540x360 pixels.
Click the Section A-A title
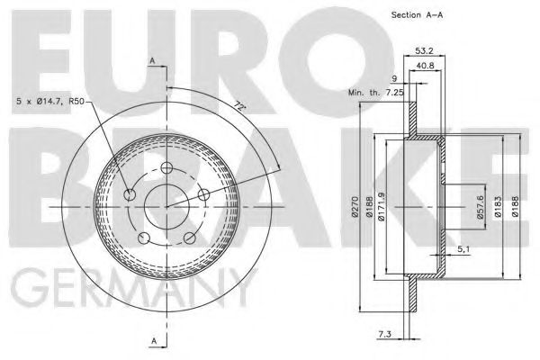pyautogui.click(x=417, y=14)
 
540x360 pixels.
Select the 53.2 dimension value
pyautogui.click(x=424, y=50)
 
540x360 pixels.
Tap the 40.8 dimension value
pyautogui.click(x=425, y=66)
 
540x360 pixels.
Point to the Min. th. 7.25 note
pyautogui.click(x=375, y=93)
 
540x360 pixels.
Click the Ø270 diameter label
pyautogui.click(x=355, y=207)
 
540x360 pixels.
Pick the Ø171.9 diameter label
pyautogui.click(x=382, y=206)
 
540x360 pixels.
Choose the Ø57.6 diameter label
pyautogui.click(x=481, y=207)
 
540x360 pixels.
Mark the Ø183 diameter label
pyautogui.click(x=498, y=207)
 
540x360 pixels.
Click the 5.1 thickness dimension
pyautogui.click(x=463, y=249)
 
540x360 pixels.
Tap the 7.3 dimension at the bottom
pyautogui.click(x=384, y=334)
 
